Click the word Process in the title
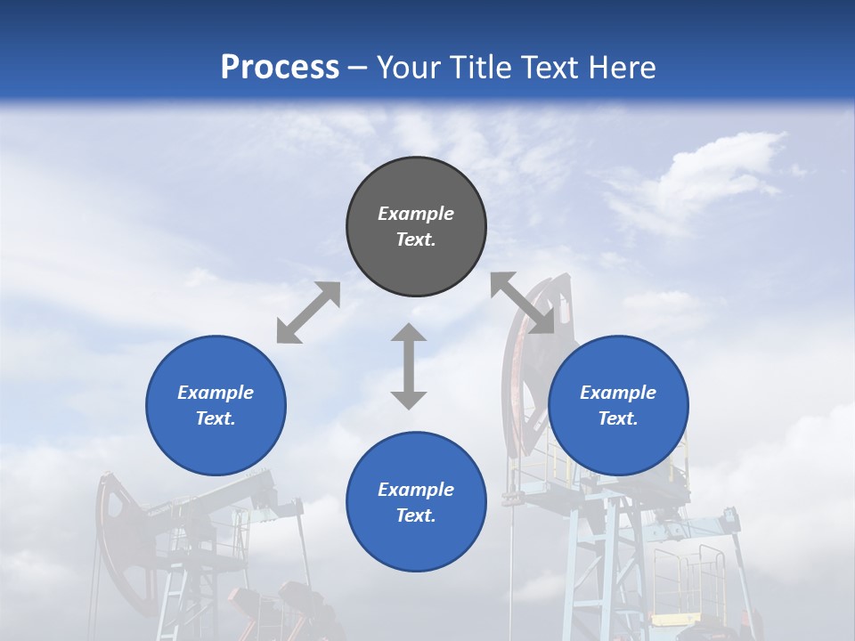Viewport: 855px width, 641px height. (280, 67)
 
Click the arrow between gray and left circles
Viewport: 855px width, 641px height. (308, 312)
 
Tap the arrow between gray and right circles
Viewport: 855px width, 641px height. (523, 303)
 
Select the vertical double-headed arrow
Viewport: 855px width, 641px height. (409, 366)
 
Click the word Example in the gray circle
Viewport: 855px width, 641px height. (416, 214)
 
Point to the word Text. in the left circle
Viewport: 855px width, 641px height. (216, 418)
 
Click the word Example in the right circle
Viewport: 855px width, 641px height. (618, 393)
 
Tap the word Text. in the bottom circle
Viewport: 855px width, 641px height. (416, 515)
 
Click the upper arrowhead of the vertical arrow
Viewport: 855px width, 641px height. (409, 333)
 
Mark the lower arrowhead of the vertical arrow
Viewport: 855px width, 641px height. (409, 399)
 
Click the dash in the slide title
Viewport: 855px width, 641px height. (358, 68)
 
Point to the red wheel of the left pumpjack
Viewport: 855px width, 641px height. (119, 534)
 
